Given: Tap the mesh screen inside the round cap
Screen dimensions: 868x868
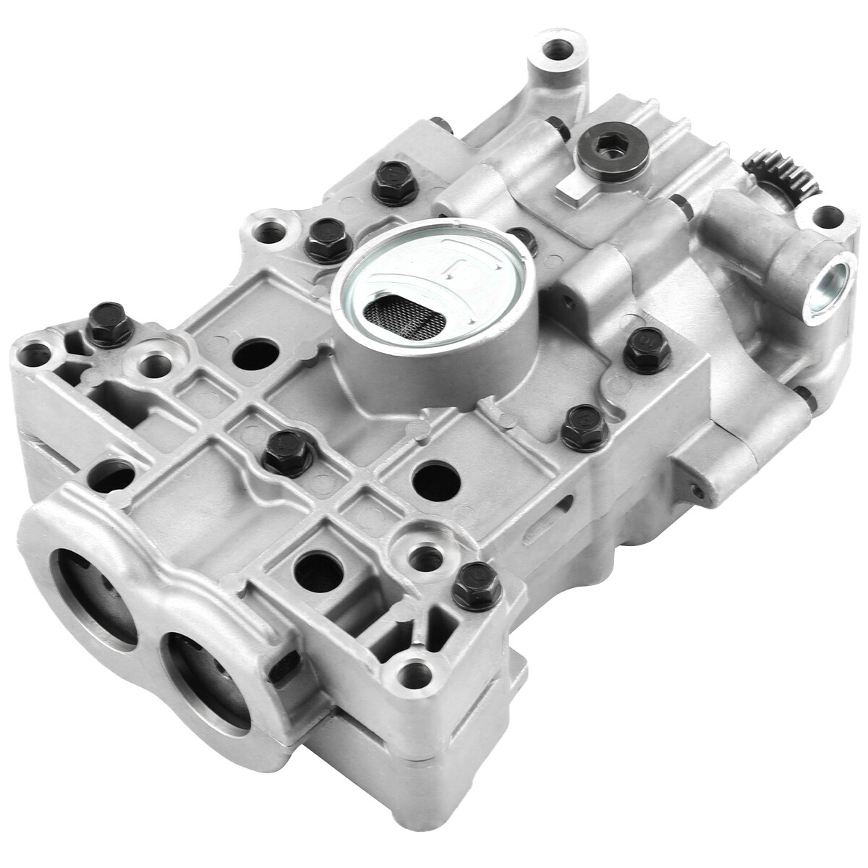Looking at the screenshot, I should [401, 312].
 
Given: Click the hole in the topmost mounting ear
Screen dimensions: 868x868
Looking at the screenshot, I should [558, 51].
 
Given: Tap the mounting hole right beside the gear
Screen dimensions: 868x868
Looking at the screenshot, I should [827, 215].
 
